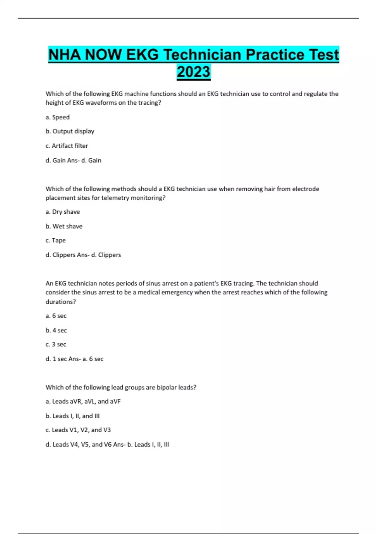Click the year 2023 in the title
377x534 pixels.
pyautogui.click(x=194, y=72)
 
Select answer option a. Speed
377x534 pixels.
pyautogui.click(x=57, y=117)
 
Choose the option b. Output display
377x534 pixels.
pyautogui.click(x=70, y=131)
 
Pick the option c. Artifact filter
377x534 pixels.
pyautogui.click(x=67, y=146)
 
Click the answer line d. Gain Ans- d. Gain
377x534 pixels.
pyautogui.click(x=73, y=160)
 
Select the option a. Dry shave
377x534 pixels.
pyautogui.click(x=63, y=212)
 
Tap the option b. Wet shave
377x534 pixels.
pyautogui.click(x=64, y=226)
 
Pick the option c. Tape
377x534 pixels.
pyautogui.click(x=56, y=240)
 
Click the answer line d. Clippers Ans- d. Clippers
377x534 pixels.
pyautogui.click(x=83, y=255)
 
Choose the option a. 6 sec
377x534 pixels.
pyautogui.click(x=56, y=316)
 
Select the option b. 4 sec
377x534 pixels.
pyautogui.click(x=56, y=330)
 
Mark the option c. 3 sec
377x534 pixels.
pyautogui.click(x=56, y=344)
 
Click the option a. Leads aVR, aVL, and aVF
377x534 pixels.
pyautogui.click(x=83, y=401)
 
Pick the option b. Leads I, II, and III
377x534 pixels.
pyautogui.click(x=72, y=416)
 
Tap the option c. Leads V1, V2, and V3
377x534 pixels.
pyautogui.click(x=78, y=430)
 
